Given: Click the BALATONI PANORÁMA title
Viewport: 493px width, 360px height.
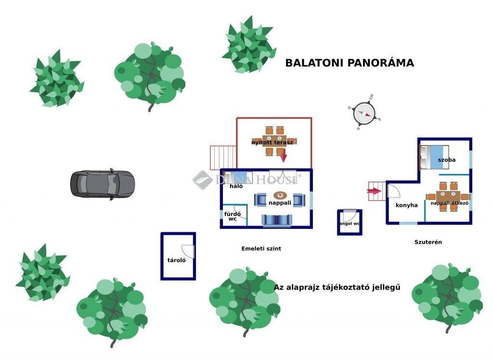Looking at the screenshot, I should pos(350,63).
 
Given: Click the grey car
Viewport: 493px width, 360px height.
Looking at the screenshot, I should pos(103,184).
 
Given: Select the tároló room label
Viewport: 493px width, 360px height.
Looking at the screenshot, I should pos(176,260).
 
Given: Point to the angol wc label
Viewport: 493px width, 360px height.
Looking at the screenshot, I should pos(350,224).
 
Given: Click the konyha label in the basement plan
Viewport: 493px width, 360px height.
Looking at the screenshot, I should pos(406,205).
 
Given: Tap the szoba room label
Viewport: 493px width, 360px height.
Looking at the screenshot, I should pos(447,160).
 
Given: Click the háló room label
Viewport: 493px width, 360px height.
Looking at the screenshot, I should pos(236,186).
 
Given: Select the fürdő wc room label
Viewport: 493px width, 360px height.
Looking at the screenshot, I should pos(232,216).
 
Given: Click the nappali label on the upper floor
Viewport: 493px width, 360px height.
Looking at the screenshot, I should pos(280,203).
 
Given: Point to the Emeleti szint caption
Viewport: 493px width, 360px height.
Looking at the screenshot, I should pos(261,249).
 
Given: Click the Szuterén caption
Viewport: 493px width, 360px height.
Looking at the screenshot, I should pos(428,242).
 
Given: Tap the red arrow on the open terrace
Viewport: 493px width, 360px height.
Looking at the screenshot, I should pos(283,156).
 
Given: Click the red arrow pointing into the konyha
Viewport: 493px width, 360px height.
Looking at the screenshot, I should pos(374,191).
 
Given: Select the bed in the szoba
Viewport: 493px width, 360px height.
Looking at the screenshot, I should pos(435,157).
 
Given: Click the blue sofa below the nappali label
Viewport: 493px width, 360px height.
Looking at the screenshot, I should pos(276,220).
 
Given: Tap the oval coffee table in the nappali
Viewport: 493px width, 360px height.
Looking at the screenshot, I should pos(280,195).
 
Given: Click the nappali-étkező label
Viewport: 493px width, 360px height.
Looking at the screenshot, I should pos(449,203).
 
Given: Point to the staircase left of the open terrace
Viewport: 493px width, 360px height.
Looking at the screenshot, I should pos(222,158).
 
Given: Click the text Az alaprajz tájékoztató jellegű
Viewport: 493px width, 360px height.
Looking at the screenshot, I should pos(337,287).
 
